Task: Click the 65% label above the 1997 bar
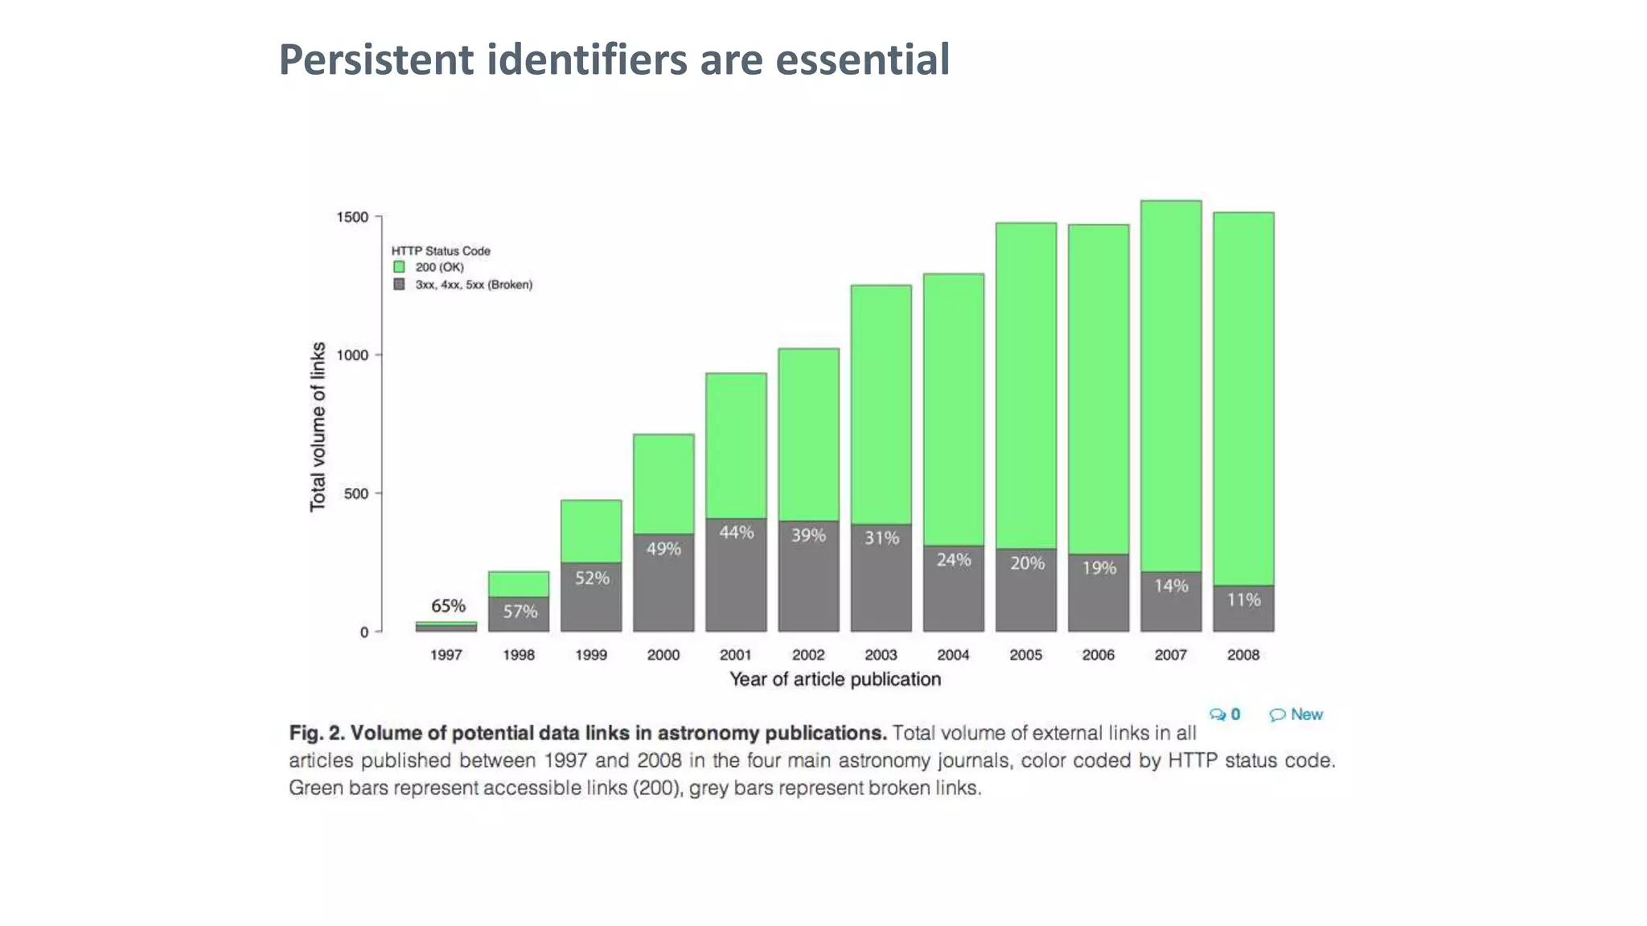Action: pyautogui.click(x=448, y=605)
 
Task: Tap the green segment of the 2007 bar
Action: pyautogui.click(x=1171, y=386)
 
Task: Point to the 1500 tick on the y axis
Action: pyautogui.click(x=352, y=217)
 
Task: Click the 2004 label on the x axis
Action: pyautogui.click(x=953, y=655)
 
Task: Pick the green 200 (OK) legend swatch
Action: pyautogui.click(x=399, y=267)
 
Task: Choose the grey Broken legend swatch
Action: pyautogui.click(x=399, y=285)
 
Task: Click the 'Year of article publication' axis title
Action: pyautogui.click(x=835, y=679)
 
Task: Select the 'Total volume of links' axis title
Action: pyautogui.click(x=318, y=426)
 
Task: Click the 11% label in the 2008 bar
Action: pyautogui.click(x=1243, y=600)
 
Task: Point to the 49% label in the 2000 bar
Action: pyautogui.click(x=663, y=549)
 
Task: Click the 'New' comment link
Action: pyautogui.click(x=1306, y=715)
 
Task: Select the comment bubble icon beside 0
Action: pyautogui.click(x=1218, y=715)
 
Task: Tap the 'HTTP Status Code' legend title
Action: pyautogui.click(x=441, y=251)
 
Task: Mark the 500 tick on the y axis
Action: pyautogui.click(x=355, y=494)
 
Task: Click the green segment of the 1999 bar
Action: pyautogui.click(x=591, y=531)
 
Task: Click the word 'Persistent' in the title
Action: pyautogui.click(x=376, y=59)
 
